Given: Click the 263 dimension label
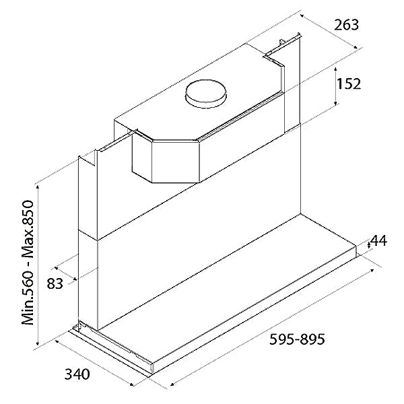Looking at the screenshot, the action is [346, 25].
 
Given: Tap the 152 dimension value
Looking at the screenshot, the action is [349, 83].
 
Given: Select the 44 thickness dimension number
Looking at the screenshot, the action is [379, 241].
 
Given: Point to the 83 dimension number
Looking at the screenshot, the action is [55, 283].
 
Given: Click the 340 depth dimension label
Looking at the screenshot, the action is [77, 374].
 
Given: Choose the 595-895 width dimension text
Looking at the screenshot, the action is [297, 339].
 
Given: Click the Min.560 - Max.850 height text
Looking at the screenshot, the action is [28, 263].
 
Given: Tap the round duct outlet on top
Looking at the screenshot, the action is [206, 94].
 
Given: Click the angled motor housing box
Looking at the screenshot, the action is [166, 157].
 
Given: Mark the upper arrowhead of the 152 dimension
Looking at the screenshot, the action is [336, 69].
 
